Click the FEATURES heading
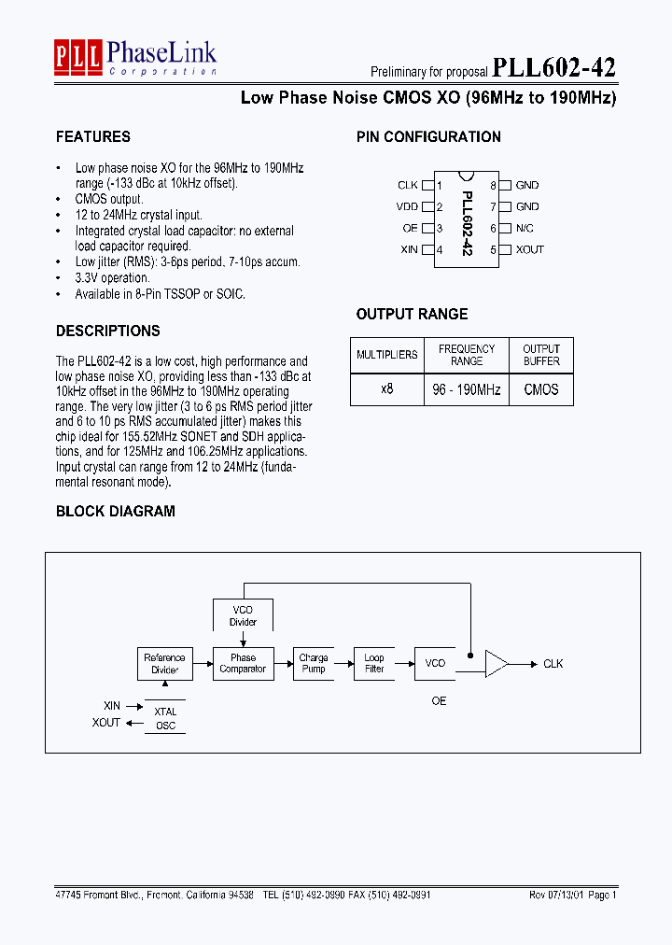click(93, 136)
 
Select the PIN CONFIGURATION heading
click(428, 136)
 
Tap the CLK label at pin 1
click(408, 185)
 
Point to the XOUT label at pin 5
click(530, 249)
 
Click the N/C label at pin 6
click(525, 228)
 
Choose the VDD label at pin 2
click(407, 206)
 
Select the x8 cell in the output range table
click(387, 389)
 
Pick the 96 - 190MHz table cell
click(467, 389)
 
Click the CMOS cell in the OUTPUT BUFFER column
click(541, 389)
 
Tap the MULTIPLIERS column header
click(387, 355)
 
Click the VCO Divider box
click(243, 616)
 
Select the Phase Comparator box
click(243, 663)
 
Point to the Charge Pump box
click(314, 663)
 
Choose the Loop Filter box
click(374, 663)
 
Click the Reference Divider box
click(165, 663)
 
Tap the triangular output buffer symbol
click(496, 664)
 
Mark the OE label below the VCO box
click(439, 700)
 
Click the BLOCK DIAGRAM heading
click(116, 511)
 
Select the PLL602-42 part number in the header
click(553, 68)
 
